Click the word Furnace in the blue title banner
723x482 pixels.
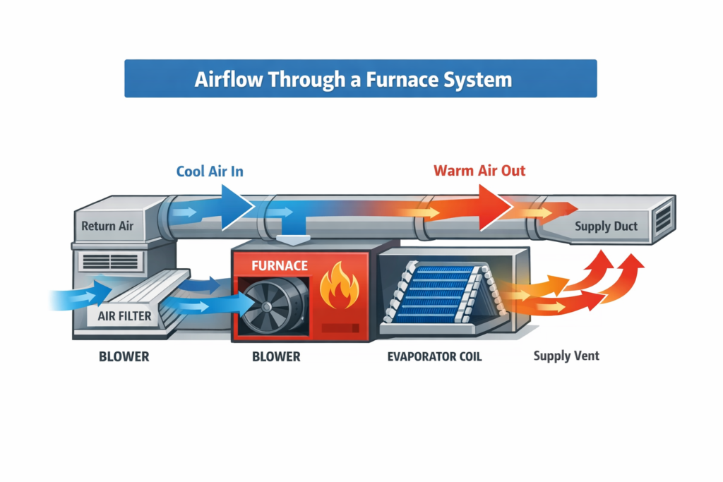tap(395, 78)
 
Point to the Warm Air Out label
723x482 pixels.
tap(479, 171)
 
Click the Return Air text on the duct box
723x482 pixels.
tap(107, 227)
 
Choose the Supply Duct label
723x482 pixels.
tap(606, 227)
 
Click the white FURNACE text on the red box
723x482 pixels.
tap(280, 266)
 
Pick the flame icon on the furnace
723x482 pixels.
tap(339, 287)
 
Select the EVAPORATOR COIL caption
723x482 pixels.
tap(434, 356)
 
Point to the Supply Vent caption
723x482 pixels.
tap(566, 356)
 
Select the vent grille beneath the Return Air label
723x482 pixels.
tap(110, 262)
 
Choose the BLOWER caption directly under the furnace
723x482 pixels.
tap(276, 356)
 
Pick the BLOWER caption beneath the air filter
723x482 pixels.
tap(124, 356)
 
